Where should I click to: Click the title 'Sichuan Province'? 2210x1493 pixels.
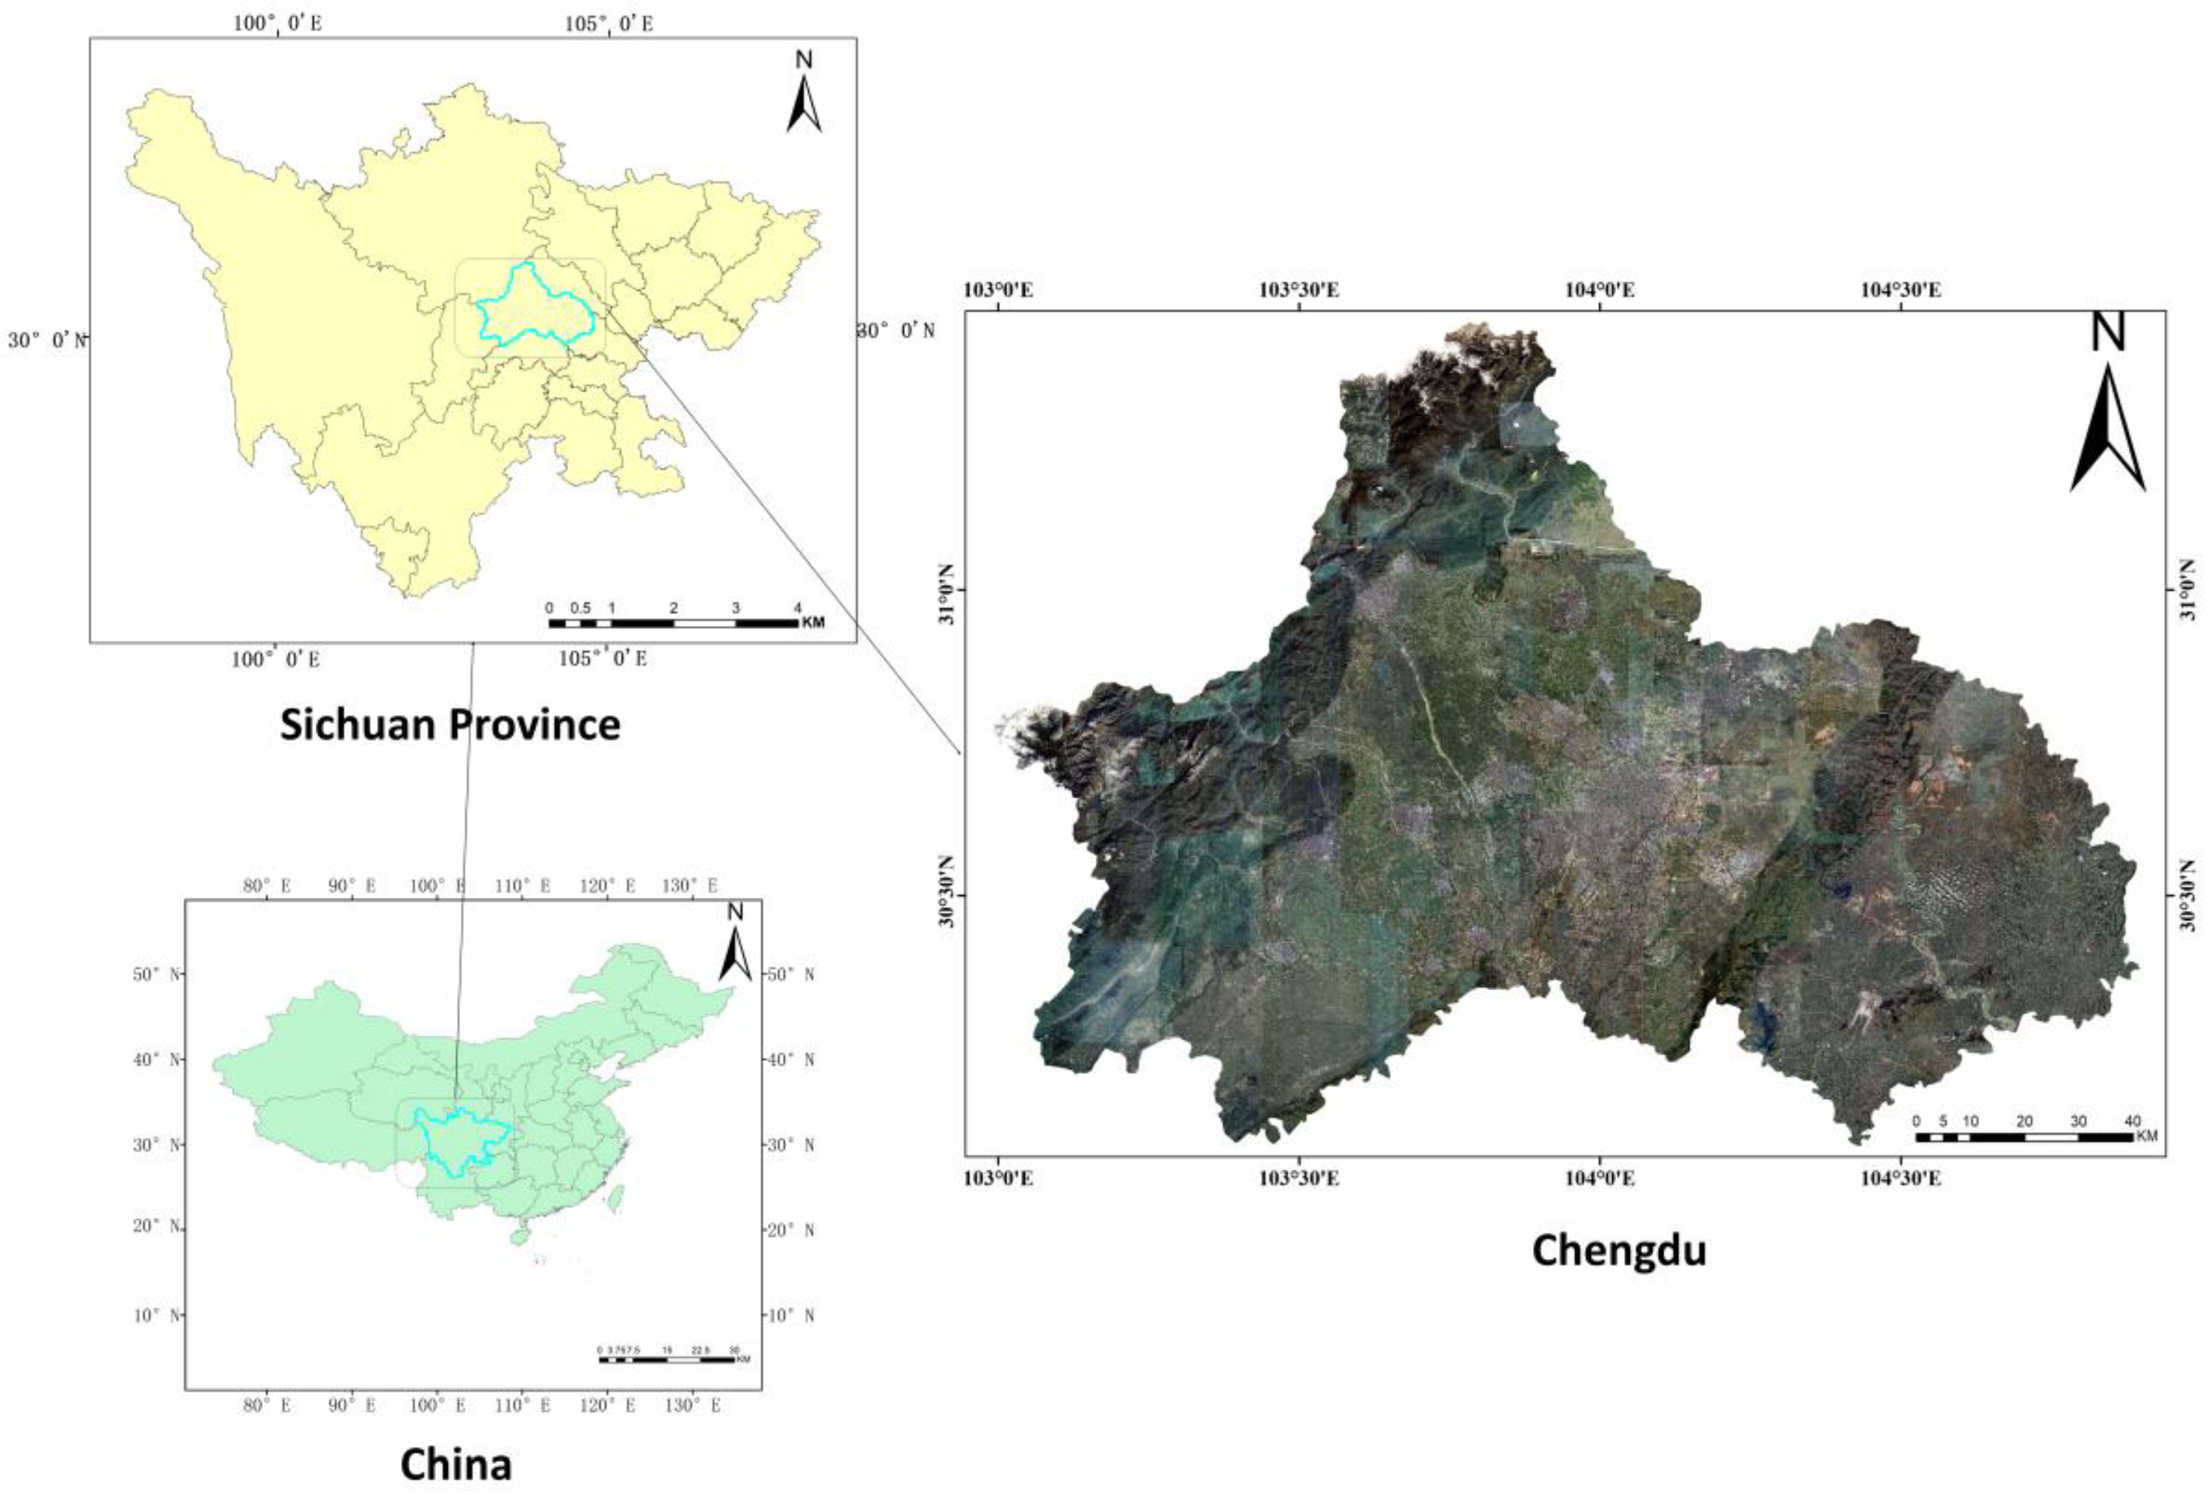pos(450,725)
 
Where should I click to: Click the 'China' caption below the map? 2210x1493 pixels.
pos(456,1464)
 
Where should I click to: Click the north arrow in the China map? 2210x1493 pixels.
pos(735,946)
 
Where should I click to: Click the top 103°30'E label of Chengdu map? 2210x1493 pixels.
pos(1298,290)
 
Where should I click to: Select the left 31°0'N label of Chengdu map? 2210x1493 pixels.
pos(947,590)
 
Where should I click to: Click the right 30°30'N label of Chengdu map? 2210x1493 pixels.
pos(2189,895)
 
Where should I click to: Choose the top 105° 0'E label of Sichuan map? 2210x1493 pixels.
pos(609,24)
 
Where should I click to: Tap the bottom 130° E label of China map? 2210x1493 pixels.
pos(691,1404)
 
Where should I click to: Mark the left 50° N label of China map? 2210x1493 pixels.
pos(157,975)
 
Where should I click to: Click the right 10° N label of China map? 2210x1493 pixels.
pos(789,1315)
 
